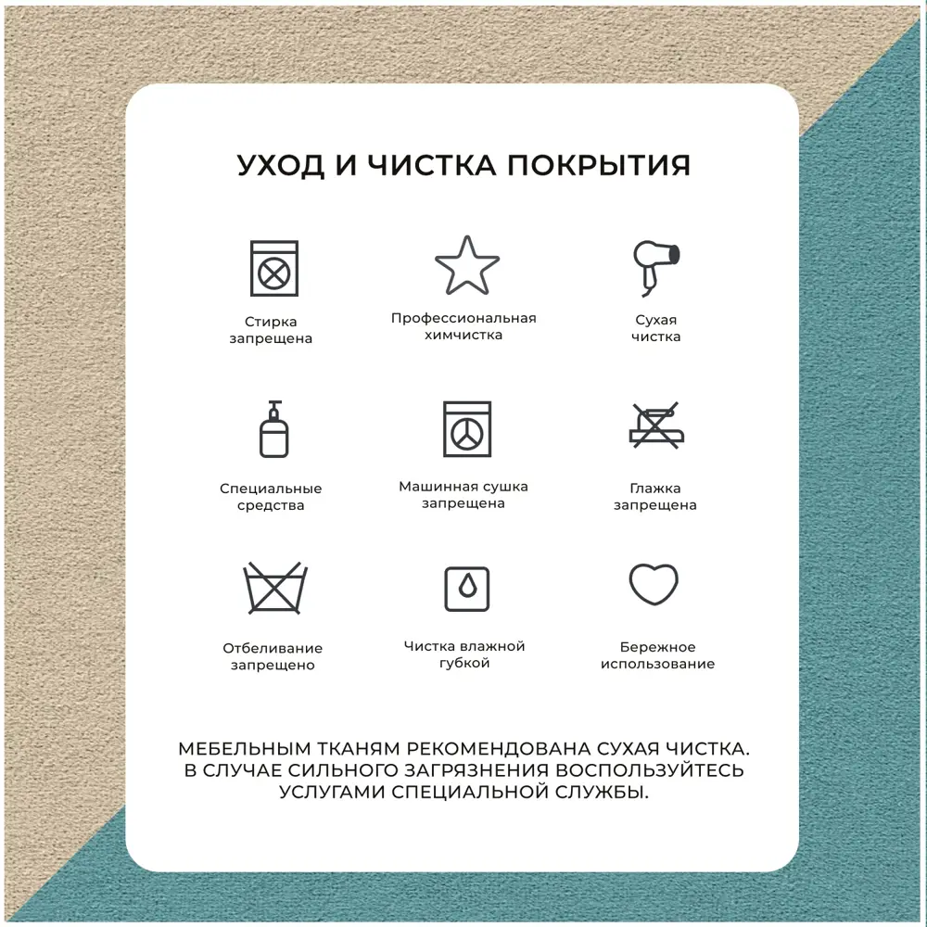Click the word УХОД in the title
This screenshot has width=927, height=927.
(281, 165)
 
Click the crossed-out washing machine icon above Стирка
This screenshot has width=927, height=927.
(273, 269)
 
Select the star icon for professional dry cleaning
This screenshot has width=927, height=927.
(467, 265)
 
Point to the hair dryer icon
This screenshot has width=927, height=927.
(655, 268)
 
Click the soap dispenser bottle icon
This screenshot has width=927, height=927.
(273, 429)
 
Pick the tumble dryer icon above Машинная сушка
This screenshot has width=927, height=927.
(467, 429)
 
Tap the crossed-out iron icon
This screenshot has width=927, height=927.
(656, 425)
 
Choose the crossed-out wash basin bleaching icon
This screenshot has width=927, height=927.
(275, 588)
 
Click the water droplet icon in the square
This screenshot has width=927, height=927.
(467, 589)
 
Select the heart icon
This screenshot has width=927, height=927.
(654, 584)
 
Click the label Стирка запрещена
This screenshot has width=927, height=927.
(271, 330)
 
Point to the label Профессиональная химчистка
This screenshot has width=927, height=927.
(463, 326)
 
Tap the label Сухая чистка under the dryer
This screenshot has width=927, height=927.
(655, 328)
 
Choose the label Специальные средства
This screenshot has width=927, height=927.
(271, 497)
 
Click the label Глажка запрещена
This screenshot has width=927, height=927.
(655, 497)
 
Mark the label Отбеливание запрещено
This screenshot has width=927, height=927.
(273, 656)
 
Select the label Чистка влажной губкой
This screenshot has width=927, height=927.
(464, 654)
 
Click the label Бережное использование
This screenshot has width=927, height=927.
(657, 655)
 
